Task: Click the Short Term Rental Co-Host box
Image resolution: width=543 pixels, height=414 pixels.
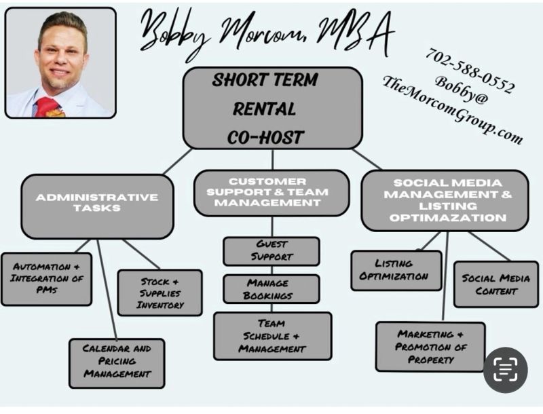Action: pyautogui.click(x=273, y=108)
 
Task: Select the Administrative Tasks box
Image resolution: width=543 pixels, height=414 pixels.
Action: pyautogui.click(x=97, y=206)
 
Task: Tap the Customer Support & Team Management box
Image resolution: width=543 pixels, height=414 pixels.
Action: pyautogui.click(x=271, y=193)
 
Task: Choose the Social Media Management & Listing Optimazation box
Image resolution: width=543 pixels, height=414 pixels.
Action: pyautogui.click(x=445, y=200)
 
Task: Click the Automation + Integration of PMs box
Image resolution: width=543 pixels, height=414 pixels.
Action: pyautogui.click(x=47, y=279)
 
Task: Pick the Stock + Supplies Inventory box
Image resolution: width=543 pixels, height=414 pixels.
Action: pyautogui.click(x=160, y=293)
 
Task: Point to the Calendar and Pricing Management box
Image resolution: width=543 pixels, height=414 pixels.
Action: pyautogui.click(x=117, y=363)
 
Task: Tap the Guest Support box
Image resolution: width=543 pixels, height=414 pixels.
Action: pyautogui.click(x=271, y=251)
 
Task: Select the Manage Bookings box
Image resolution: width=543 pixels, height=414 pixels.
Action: pyautogui.click(x=271, y=289)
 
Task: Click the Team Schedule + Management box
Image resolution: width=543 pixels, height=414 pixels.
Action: pyautogui.click(x=273, y=336)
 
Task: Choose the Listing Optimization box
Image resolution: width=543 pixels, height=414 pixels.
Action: pyautogui.click(x=396, y=270)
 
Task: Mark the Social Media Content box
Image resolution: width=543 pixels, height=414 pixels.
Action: pyautogui.click(x=496, y=284)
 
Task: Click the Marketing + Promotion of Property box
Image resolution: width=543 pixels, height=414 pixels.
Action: pyautogui.click(x=430, y=347)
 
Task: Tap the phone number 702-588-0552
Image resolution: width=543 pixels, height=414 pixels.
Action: pyautogui.click(x=470, y=71)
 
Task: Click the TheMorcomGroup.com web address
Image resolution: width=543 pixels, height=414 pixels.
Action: pyautogui.click(x=453, y=110)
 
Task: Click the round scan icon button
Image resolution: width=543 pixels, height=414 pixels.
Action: pyautogui.click(x=506, y=370)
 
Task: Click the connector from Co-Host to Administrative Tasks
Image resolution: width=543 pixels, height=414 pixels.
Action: pyautogui.click(x=178, y=162)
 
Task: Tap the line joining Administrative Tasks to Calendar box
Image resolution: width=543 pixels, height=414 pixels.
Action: pyautogui.click(x=107, y=289)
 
